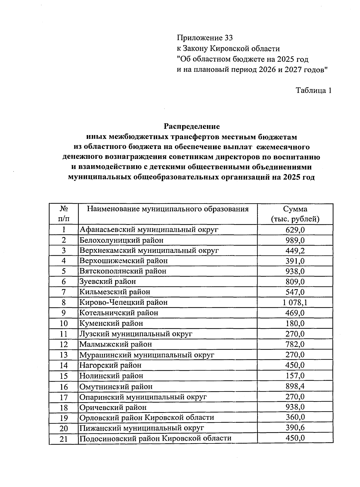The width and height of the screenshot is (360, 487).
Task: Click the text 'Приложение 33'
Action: click(x=205, y=38)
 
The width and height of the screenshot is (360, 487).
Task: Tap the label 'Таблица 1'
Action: click(x=313, y=90)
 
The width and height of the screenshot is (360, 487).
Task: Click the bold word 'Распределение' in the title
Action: click(x=192, y=126)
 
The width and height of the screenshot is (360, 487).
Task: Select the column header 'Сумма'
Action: click(x=295, y=209)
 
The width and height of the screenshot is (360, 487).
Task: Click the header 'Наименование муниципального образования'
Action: click(x=168, y=209)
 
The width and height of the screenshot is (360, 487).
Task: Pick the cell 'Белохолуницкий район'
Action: click(x=121, y=240)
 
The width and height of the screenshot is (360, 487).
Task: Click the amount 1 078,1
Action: click(x=295, y=302)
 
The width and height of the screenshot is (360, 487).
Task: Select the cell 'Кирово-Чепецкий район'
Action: click(x=123, y=302)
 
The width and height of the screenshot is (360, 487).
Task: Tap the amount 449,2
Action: click(x=295, y=250)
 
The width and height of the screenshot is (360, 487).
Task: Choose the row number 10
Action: click(x=64, y=323)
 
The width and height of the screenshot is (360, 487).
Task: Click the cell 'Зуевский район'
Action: click(x=108, y=282)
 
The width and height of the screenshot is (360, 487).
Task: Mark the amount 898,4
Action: click(x=295, y=386)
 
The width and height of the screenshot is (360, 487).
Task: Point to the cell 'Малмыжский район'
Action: click(x=115, y=344)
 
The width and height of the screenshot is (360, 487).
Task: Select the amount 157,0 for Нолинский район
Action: click(x=295, y=376)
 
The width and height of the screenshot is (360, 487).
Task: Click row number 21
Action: click(x=64, y=439)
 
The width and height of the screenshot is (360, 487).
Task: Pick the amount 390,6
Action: click(x=295, y=428)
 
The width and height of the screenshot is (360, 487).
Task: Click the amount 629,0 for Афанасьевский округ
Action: click(x=295, y=230)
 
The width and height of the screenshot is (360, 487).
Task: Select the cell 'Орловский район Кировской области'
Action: click(x=147, y=418)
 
